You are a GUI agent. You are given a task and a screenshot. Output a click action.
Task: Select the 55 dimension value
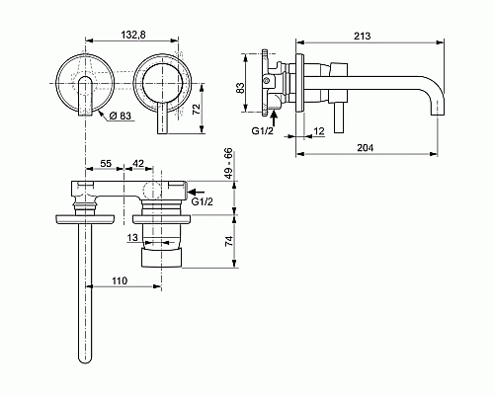[x=106, y=162]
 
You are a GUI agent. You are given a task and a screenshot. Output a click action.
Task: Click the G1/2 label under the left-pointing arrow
[x=203, y=202]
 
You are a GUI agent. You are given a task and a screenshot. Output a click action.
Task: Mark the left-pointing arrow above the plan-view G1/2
[x=197, y=191]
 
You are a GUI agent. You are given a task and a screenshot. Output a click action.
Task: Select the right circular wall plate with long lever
[x=158, y=81]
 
